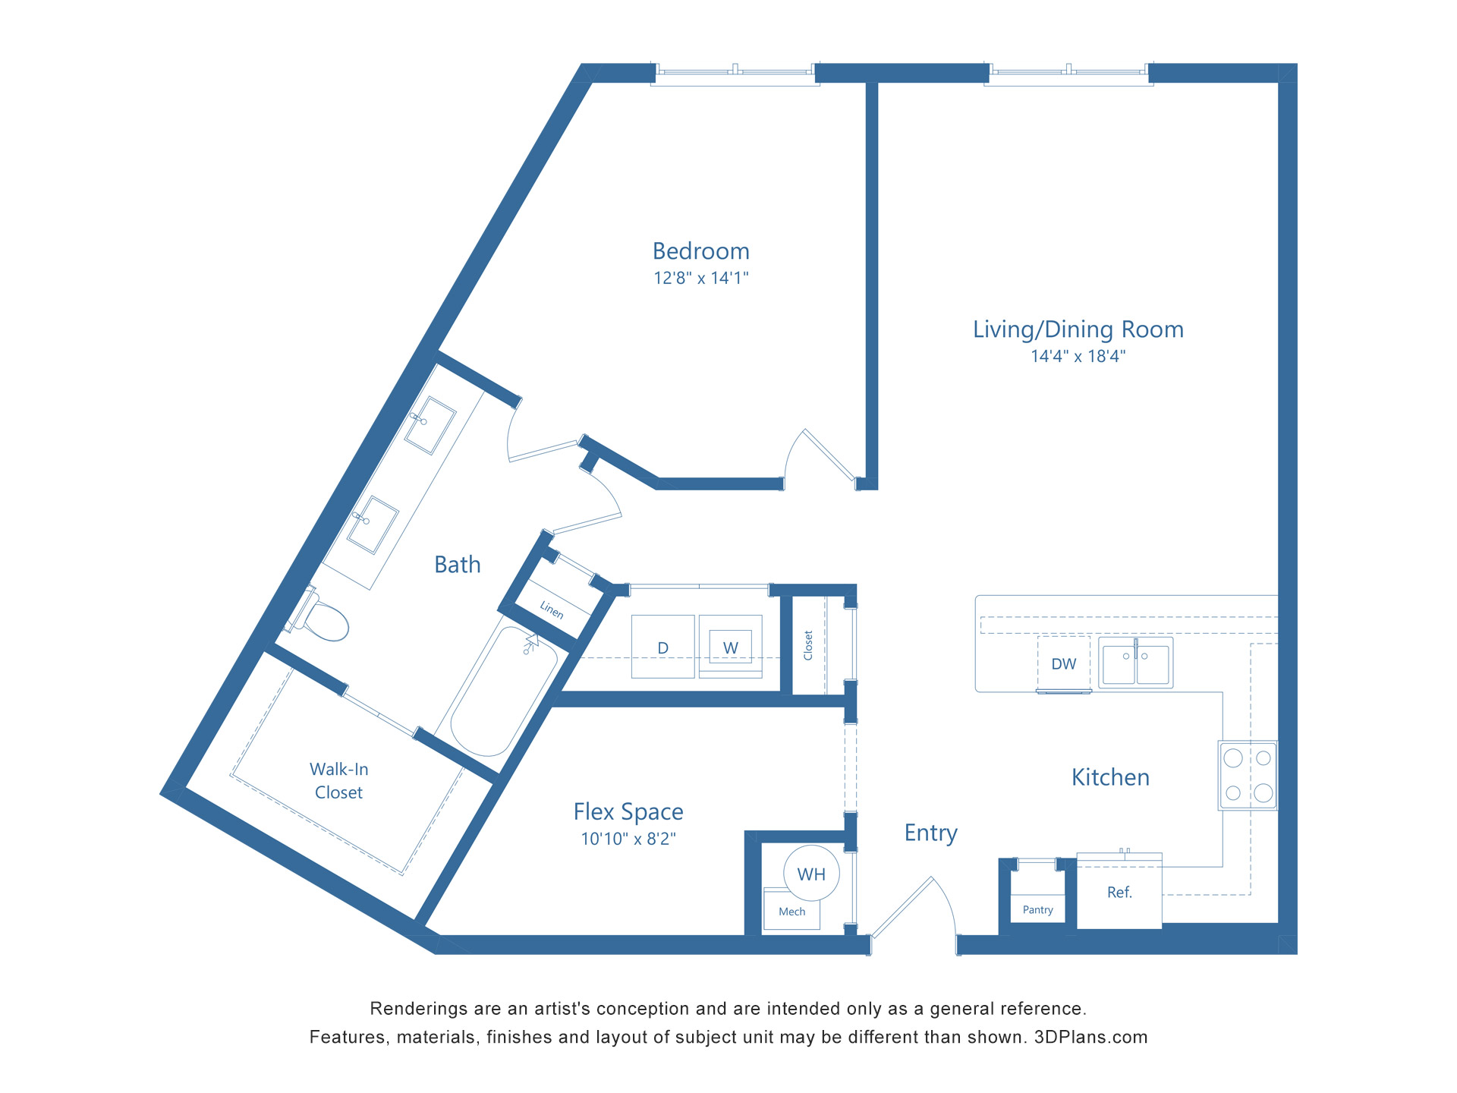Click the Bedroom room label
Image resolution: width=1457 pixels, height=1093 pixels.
point(700,251)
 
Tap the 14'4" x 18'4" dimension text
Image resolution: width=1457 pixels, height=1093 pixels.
point(1078,356)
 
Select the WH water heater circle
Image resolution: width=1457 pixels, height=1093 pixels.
point(811,874)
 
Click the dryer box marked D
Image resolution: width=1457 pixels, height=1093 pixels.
point(662,647)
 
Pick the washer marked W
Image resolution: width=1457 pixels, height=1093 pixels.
point(730,647)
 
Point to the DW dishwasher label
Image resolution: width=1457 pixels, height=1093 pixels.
point(1063,664)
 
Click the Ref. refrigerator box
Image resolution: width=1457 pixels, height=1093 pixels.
point(1119,893)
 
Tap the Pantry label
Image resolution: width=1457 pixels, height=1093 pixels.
point(1037,909)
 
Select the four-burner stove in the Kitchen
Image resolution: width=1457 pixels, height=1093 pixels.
point(1248,775)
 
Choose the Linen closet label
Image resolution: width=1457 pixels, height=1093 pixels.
point(552,609)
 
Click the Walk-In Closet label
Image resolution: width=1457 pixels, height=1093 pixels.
point(338,780)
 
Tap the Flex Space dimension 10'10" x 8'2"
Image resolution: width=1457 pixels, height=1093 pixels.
point(628,839)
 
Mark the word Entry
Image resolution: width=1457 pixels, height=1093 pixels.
point(930,833)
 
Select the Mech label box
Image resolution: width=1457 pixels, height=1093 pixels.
point(791,912)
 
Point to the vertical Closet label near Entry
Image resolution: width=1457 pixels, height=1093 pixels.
point(808,645)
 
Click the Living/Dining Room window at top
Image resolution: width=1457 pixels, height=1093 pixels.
point(1068,72)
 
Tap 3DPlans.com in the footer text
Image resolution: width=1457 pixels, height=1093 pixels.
point(1090,1037)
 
